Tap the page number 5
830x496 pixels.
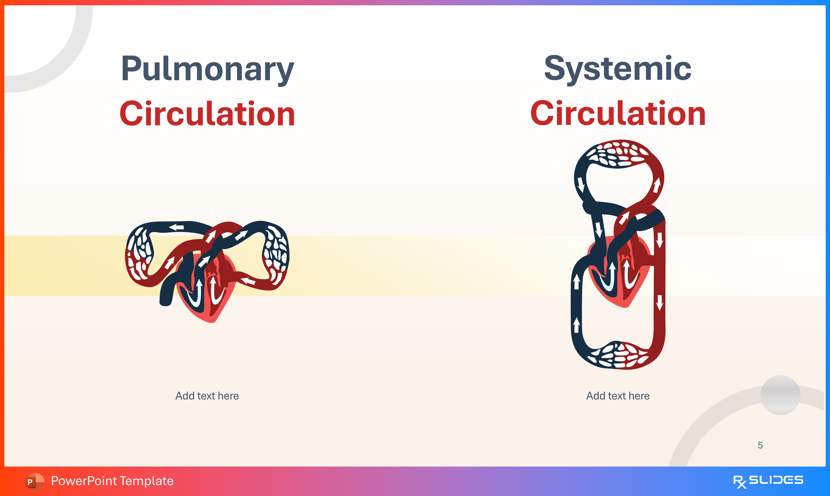760,445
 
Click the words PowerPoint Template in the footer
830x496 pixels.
112,481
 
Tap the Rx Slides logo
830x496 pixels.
768,481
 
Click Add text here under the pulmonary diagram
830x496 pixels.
207,396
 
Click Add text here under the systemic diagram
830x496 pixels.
618,396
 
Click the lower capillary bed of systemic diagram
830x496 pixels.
618,356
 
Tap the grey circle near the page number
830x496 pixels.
780,395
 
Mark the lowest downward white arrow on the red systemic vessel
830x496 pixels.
660,302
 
